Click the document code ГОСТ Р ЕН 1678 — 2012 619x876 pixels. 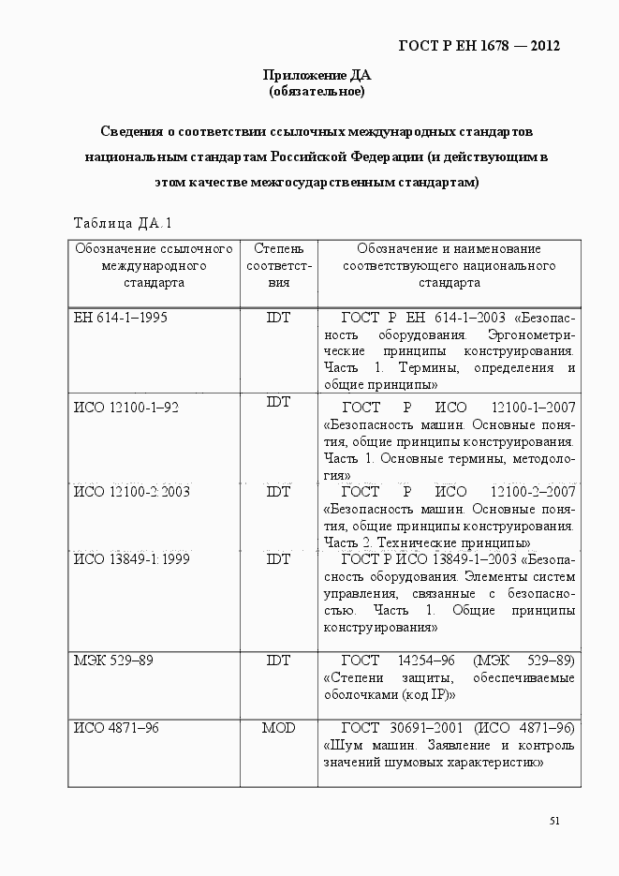(x=479, y=46)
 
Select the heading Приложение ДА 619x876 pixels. (x=317, y=76)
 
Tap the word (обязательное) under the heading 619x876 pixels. (x=317, y=92)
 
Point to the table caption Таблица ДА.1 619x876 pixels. (x=123, y=223)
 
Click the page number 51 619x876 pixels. (x=554, y=821)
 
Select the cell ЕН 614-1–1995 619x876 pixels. (x=121, y=318)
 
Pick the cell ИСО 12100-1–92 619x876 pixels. (x=126, y=407)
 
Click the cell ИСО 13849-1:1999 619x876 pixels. (x=132, y=559)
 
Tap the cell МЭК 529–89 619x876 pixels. (x=113, y=661)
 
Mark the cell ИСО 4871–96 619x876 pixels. (x=116, y=727)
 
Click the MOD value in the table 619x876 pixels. (x=278, y=727)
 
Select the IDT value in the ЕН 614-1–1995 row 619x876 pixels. (x=278, y=318)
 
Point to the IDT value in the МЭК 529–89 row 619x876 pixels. (x=278, y=661)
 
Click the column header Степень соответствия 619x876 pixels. (x=278, y=265)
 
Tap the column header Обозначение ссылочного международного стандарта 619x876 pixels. (x=154, y=265)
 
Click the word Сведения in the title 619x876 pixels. (x=131, y=131)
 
